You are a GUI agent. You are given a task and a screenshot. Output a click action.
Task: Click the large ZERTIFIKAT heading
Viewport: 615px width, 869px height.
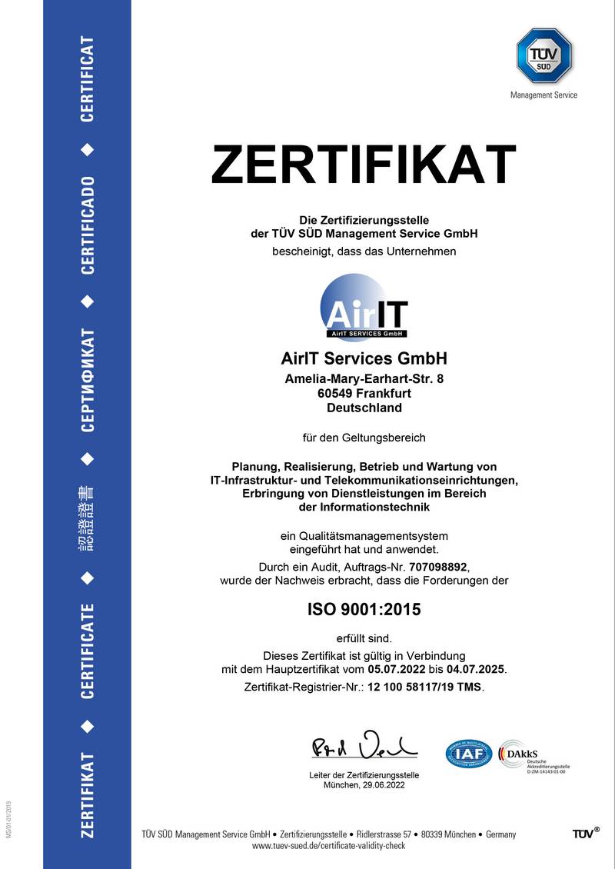[x=364, y=165]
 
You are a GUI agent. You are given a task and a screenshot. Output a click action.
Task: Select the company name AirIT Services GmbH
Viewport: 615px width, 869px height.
[x=364, y=359]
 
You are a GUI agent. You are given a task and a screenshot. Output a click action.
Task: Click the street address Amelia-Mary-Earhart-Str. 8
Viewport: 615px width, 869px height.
[x=364, y=378]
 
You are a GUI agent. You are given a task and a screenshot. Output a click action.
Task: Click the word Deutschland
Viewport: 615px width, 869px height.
[x=364, y=408]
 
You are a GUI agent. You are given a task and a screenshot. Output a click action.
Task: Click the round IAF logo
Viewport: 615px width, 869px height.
[x=468, y=753]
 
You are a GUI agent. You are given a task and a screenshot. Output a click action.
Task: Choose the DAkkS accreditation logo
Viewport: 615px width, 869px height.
[x=532, y=754]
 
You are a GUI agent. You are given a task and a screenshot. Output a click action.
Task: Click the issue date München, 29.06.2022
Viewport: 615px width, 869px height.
[x=364, y=785]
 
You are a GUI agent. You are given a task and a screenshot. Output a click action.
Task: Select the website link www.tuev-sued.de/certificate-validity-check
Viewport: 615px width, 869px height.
[x=328, y=846]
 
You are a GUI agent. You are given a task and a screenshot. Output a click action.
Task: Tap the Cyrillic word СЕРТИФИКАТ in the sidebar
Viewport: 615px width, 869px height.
[x=88, y=381]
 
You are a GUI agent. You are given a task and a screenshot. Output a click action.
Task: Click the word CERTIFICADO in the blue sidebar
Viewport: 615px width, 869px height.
[x=88, y=225]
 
